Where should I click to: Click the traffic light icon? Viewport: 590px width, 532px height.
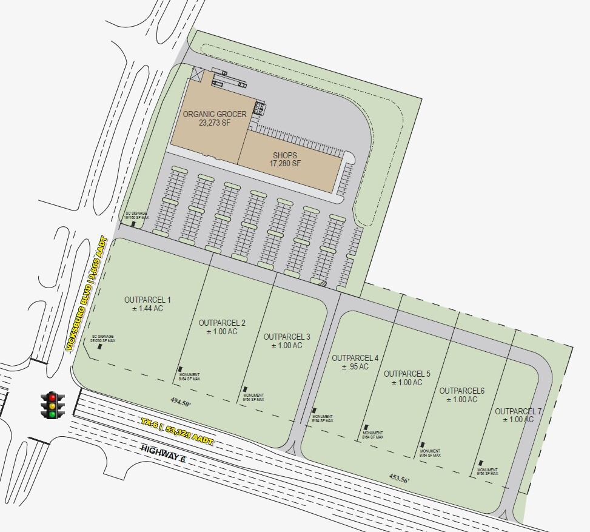(x=53, y=405)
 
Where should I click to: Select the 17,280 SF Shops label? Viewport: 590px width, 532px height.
(x=285, y=160)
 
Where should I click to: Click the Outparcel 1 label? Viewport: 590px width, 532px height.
(x=148, y=304)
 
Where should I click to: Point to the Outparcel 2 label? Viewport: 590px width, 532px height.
(x=222, y=327)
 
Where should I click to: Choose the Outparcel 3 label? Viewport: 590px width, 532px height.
(x=287, y=341)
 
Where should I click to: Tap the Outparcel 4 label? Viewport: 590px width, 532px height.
(x=355, y=362)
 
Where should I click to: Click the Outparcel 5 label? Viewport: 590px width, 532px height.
(x=407, y=378)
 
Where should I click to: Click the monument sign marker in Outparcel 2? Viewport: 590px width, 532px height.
(x=180, y=369)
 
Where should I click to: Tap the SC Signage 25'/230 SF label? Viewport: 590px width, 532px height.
(x=102, y=338)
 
